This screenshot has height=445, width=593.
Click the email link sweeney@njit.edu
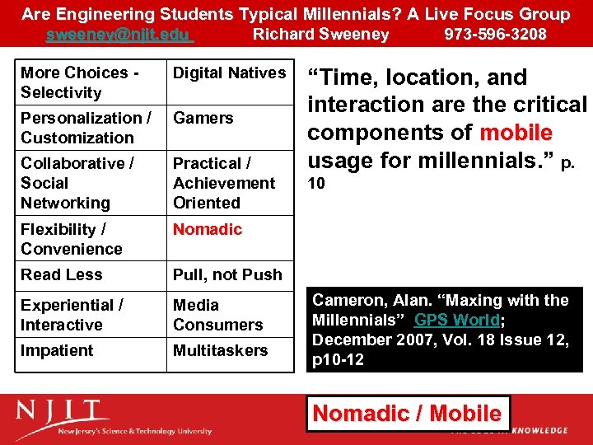tap(119, 34)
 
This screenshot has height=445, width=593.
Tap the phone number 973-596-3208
tap(495, 34)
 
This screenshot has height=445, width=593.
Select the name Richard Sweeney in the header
tap(320, 34)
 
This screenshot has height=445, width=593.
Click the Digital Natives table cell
tap(229, 73)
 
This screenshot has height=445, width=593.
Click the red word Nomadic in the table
tap(208, 229)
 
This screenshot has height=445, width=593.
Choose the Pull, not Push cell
tap(227, 274)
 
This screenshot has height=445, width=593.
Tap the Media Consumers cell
tap(217, 315)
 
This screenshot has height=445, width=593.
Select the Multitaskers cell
tap(220, 350)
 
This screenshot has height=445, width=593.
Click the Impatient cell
tap(57, 350)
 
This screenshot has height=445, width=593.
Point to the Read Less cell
tap(62, 274)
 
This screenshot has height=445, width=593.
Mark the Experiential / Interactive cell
tap(72, 315)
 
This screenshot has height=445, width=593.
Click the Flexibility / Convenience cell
tap(72, 239)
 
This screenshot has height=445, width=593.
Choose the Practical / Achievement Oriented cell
tap(224, 183)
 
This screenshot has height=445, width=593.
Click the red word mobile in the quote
tap(516, 133)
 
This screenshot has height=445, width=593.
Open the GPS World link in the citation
tap(456, 321)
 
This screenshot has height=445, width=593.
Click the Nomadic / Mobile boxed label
tap(408, 413)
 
